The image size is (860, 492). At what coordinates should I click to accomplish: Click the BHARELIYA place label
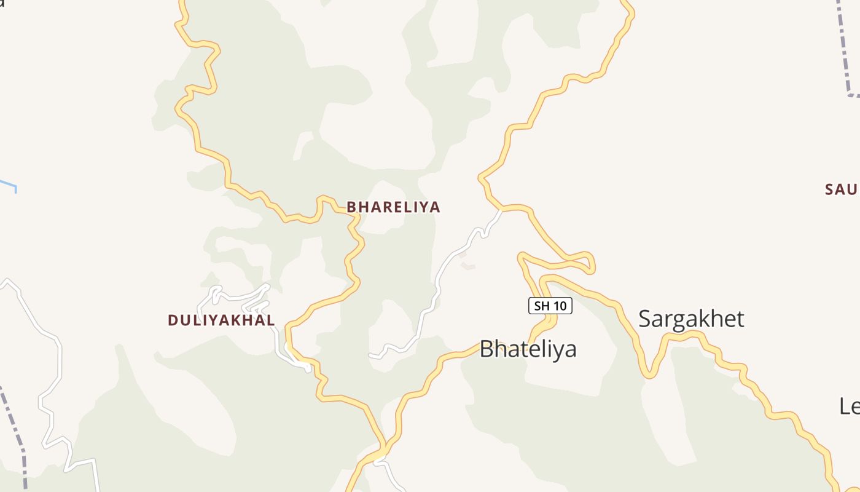(393, 207)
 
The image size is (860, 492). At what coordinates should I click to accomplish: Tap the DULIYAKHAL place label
(221, 320)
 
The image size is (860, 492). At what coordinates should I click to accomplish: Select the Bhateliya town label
(528, 349)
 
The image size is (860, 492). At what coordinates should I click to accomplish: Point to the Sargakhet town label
(691, 319)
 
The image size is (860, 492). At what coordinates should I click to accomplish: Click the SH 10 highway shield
(550, 306)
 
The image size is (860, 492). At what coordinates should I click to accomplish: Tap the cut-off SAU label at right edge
(842, 189)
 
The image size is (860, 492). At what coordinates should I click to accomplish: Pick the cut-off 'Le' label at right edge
(849, 406)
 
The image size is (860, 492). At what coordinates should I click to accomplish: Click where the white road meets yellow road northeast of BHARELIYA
(501, 210)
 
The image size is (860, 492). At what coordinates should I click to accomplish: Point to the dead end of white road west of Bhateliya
(370, 355)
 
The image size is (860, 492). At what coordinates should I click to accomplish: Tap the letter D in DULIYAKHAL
(173, 320)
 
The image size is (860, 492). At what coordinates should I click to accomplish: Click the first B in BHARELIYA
(351, 207)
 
